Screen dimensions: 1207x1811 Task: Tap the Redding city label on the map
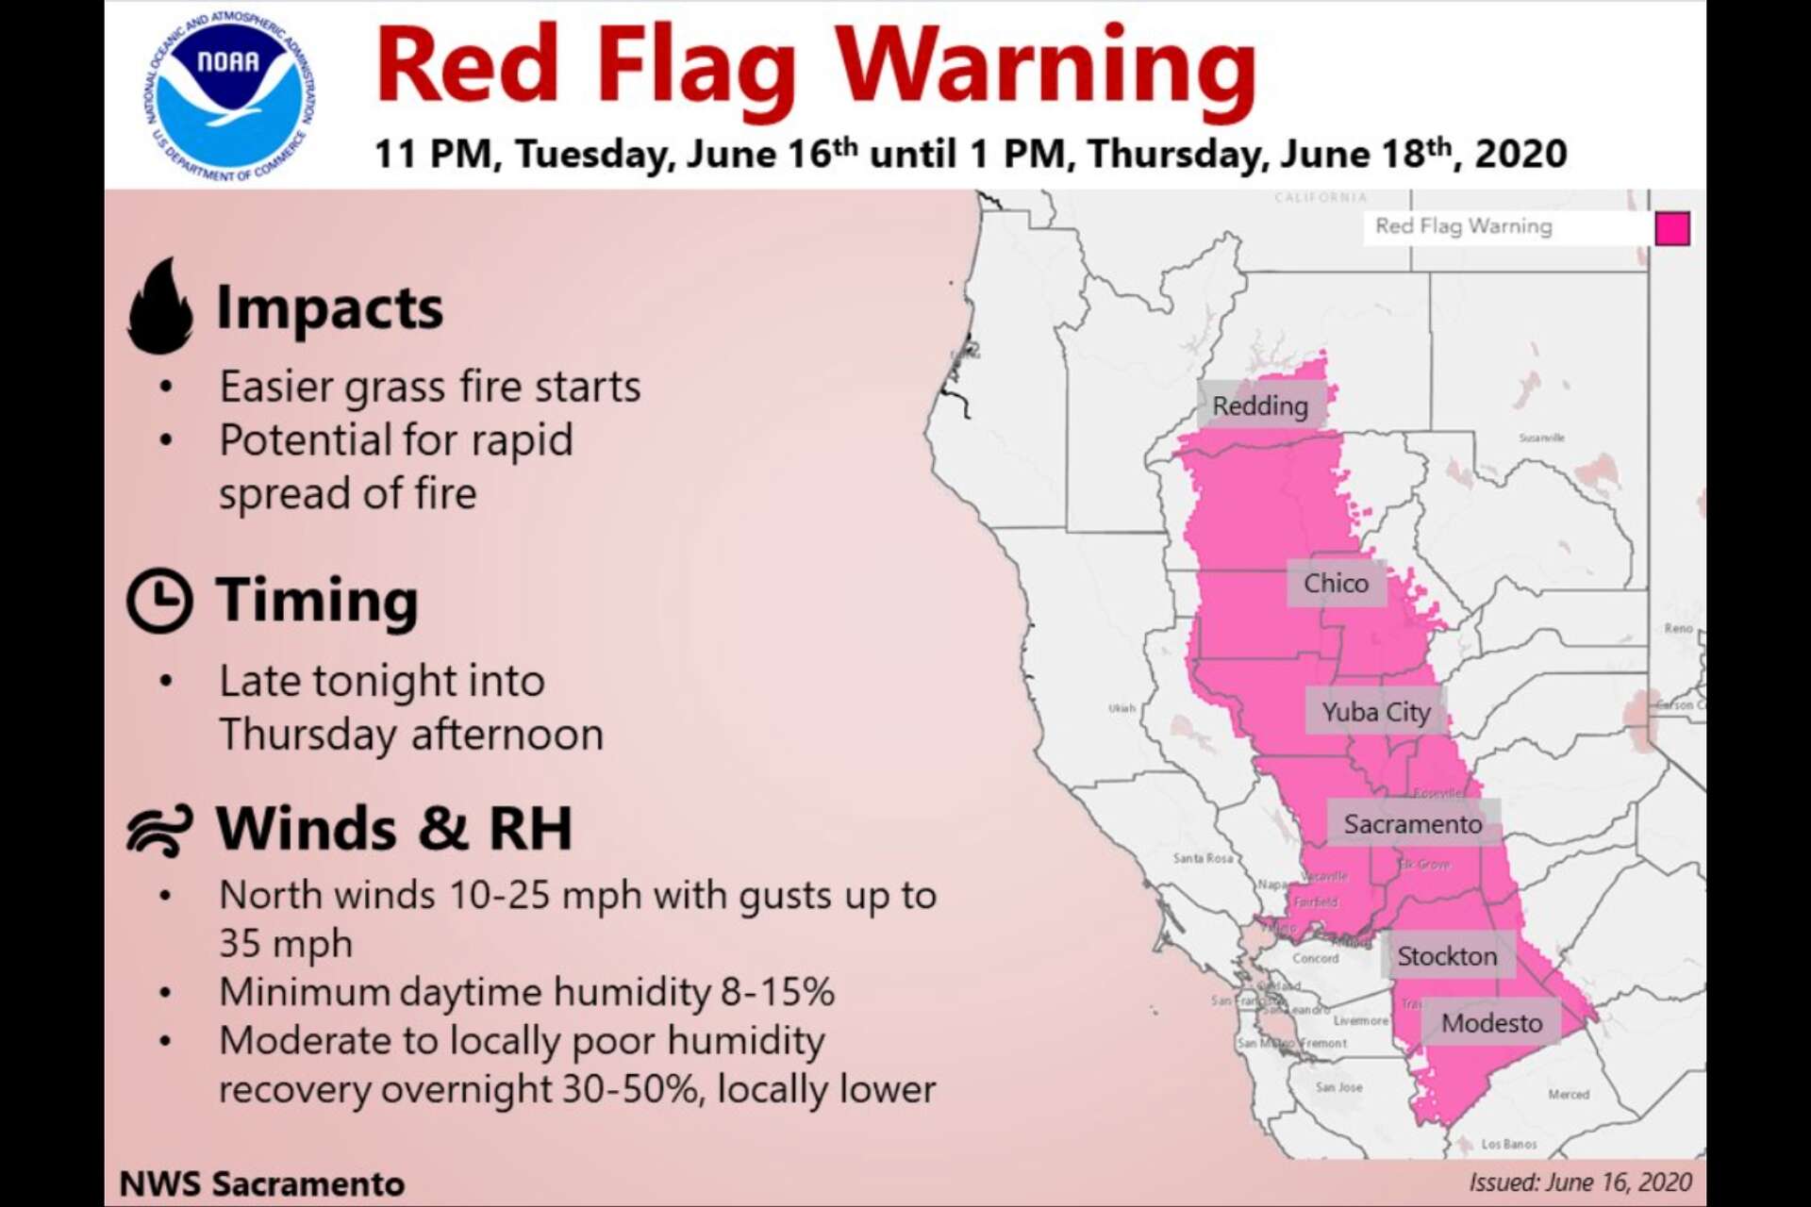point(1260,405)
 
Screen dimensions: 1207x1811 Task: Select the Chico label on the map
point(1336,583)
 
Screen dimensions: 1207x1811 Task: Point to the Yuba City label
point(1376,712)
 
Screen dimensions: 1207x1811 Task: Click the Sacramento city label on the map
point(1412,824)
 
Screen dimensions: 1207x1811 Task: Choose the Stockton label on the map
point(1447,956)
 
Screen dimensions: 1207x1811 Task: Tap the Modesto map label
point(1491,1023)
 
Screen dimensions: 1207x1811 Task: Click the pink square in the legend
point(1671,228)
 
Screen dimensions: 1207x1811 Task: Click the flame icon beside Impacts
point(160,307)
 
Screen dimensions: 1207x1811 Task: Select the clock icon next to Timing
point(159,600)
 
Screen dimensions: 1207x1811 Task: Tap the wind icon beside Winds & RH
point(159,830)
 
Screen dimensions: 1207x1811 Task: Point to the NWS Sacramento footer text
point(262,1183)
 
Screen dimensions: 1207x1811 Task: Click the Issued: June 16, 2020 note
point(1579,1182)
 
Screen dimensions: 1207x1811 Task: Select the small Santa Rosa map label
point(1202,858)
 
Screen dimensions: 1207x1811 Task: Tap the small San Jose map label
point(1338,1087)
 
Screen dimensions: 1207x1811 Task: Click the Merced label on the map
point(1568,1095)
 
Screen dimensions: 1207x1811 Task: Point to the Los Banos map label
point(1508,1144)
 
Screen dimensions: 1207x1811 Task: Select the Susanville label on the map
point(1541,438)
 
